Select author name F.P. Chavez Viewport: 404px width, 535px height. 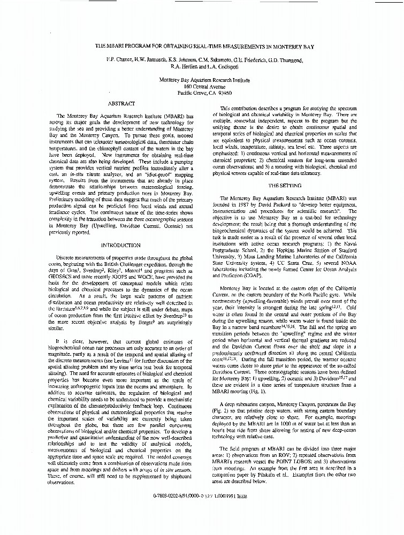pyautogui.click(x=120, y=59)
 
